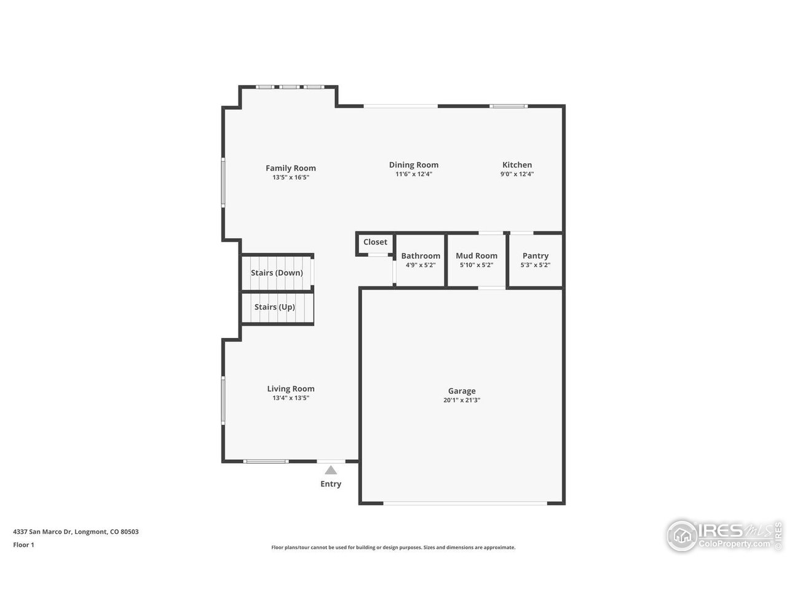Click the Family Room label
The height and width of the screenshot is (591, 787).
point(290,168)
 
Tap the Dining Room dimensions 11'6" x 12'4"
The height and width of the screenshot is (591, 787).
point(413,174)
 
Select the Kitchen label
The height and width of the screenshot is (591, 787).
point(517,164)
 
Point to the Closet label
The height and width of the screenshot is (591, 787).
point(375,242)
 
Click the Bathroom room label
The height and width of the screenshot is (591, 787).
point(421,255)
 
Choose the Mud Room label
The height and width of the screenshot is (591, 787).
point(477,255)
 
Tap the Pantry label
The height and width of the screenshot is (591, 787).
point(535,255)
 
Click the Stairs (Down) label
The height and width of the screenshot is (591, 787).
point(277,273)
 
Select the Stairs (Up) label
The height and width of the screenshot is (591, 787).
point(275,307)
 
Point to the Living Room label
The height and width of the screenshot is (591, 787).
point(290,388)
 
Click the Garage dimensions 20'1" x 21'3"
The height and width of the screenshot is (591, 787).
point(461,400)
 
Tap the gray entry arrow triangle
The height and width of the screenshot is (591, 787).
point(331,470)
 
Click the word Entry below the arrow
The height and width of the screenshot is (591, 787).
point(331,484)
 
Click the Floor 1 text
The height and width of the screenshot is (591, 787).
point(23,545)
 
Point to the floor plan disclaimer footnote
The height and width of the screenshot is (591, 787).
point(393,547)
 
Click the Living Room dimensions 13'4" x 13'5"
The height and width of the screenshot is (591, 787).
point(290,398)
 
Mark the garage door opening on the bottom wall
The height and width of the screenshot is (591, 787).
point(465,504)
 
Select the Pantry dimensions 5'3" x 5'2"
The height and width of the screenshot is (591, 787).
point(535,265)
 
